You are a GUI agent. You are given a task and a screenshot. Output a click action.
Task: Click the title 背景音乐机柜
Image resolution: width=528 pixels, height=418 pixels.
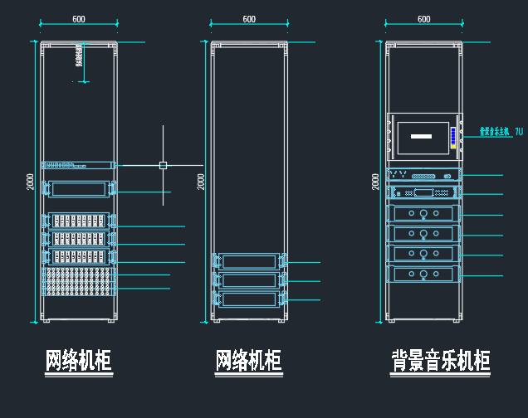pos(441,362)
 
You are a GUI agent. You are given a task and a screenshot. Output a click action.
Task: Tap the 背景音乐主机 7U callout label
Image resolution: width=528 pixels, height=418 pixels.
pos(501,132)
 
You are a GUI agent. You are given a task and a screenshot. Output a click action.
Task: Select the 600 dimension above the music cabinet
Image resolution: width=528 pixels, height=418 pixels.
pos(423,19)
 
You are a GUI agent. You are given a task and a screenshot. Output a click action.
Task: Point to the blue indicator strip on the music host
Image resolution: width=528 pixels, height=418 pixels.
pos(452,138)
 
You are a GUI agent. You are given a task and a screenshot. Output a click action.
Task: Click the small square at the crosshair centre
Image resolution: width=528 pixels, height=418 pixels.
pos(163,165)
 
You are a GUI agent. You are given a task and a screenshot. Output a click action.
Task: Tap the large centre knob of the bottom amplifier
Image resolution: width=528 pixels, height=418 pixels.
pos(423,274)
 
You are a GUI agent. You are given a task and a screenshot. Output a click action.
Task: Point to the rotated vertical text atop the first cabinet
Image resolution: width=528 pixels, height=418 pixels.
pos(77,55)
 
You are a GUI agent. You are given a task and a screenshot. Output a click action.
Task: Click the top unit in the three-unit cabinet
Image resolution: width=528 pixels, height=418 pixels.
pos(249,262)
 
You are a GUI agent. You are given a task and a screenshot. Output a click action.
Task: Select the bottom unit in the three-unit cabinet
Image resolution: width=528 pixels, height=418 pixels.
pos(249,299)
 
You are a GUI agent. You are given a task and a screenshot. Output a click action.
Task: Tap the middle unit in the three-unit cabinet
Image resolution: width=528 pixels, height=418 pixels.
pos(249,280)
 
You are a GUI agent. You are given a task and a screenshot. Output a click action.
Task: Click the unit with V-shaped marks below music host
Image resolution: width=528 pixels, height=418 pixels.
pos(423,176)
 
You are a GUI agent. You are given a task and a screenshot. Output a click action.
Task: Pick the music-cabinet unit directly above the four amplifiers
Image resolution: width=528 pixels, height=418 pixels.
pos(423,192)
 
